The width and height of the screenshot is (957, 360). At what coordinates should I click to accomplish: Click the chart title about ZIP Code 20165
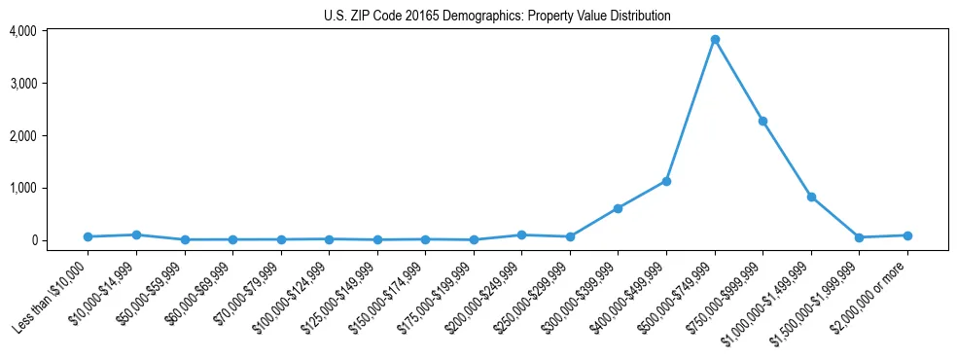click(x=497, y=16)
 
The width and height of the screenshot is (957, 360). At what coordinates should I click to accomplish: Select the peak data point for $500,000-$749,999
click(x=715, y=40)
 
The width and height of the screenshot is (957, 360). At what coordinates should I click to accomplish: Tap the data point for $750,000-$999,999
click(x=762, y=121)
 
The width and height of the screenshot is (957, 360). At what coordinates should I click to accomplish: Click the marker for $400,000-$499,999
click(x=666, y=181)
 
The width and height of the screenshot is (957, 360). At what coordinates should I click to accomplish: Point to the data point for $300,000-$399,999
click(x=618, y=208)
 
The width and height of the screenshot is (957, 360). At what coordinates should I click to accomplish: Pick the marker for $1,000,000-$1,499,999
click(x=811, y=197)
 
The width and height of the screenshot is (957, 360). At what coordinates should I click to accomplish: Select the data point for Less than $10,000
click(x=88, y=236)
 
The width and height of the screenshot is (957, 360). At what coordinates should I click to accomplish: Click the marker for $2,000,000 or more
click(x=907, y=235)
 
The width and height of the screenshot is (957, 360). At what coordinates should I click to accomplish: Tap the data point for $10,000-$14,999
click(x=136, y=234)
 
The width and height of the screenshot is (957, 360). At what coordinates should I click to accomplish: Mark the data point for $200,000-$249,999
click(x=521, y=234)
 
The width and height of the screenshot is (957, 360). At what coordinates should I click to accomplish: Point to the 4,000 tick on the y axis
click(x=22, y=31)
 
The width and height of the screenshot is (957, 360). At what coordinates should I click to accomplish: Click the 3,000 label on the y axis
click(x=22, y=84)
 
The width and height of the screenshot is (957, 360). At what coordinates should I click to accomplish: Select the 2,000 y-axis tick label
click(x=22, y=135)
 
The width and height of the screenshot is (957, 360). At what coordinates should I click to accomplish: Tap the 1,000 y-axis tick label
click(x=22, y=188)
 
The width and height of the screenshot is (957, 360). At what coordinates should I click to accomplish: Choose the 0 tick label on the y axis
click(x=32, y=240)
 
